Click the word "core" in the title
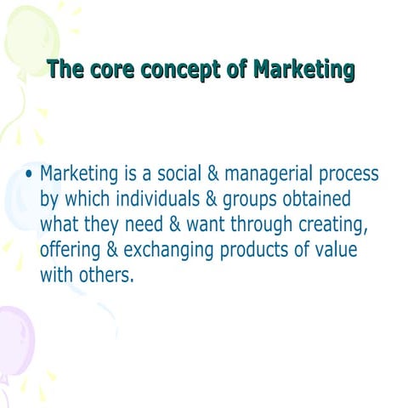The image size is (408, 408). [104, 70]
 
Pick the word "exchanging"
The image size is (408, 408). [172, 252]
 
